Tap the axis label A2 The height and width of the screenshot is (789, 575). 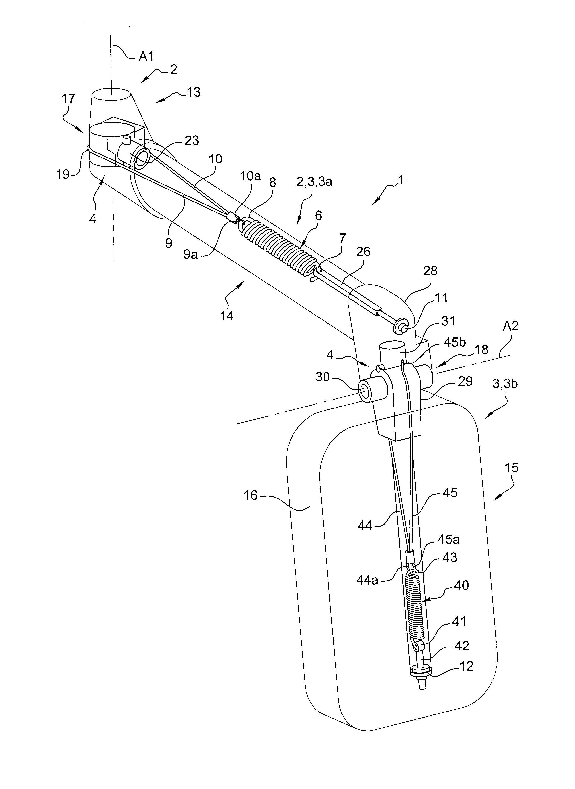coord(510,326)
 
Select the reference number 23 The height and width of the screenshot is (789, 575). coord(191,140)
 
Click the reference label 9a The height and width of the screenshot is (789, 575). coord(190,254)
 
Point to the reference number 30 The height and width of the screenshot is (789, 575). coord(322,377)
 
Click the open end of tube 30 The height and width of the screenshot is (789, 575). coord(365,391)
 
